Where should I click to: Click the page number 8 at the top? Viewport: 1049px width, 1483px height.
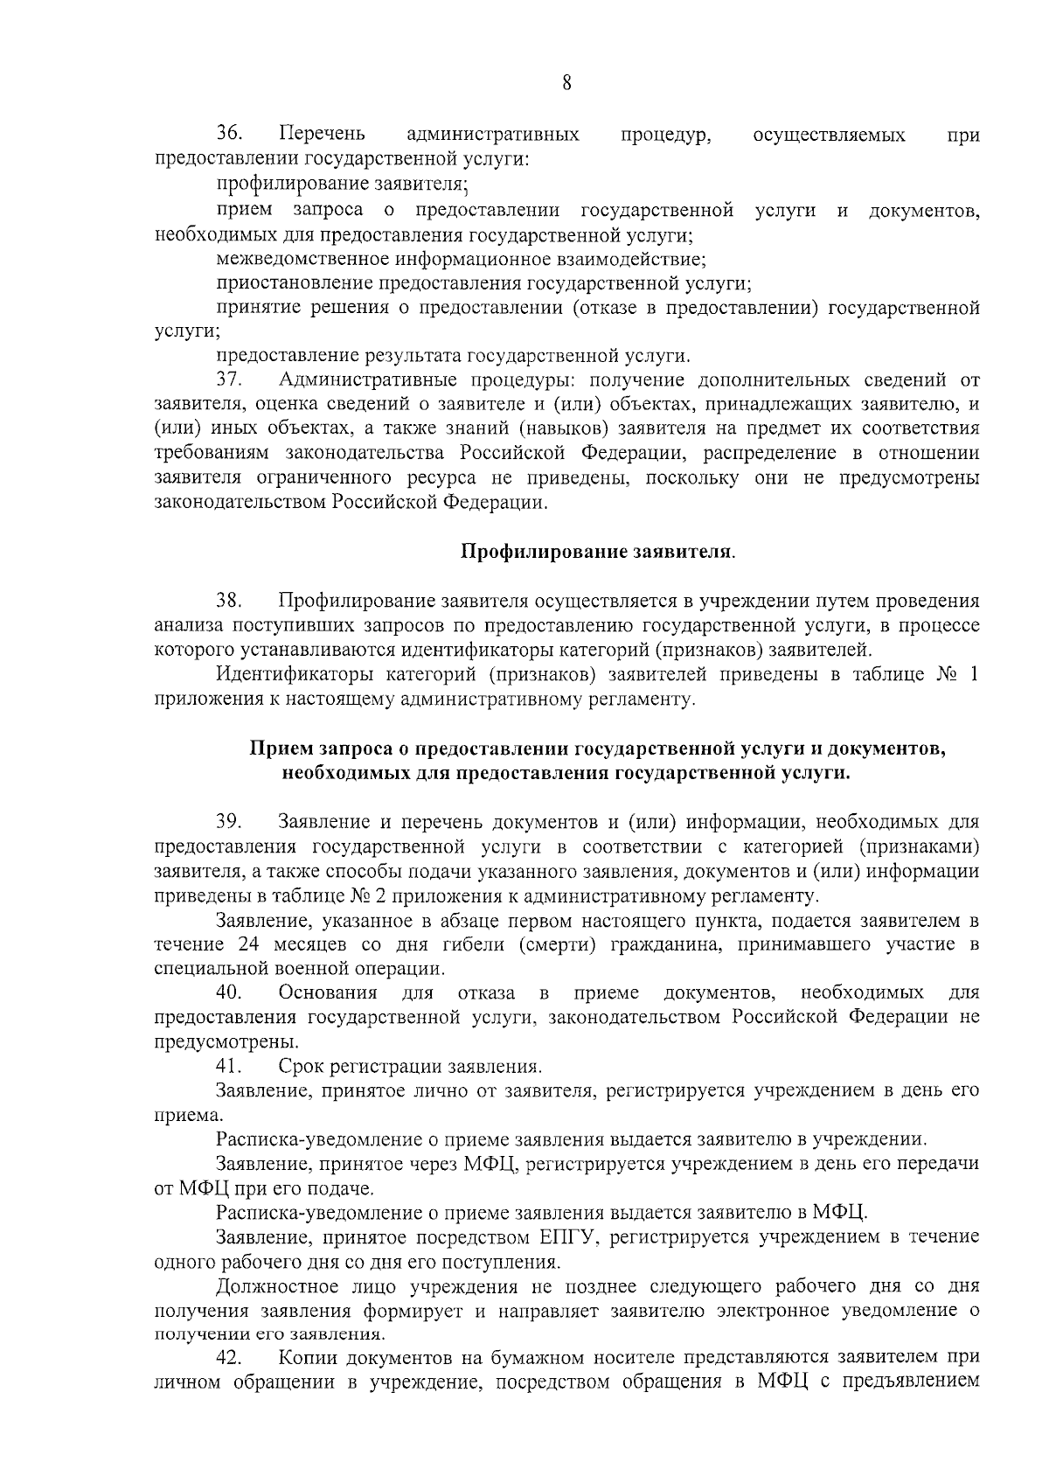[x=566, y=84]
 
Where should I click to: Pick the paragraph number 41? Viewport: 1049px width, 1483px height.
[x=229, y=1067]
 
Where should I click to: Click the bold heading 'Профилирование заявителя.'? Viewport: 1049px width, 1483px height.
[x=598, y=552]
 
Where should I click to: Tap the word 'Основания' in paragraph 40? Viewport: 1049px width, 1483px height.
[x=327, y=992]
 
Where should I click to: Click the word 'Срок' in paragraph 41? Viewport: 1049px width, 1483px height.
[x=298, y=1067]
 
